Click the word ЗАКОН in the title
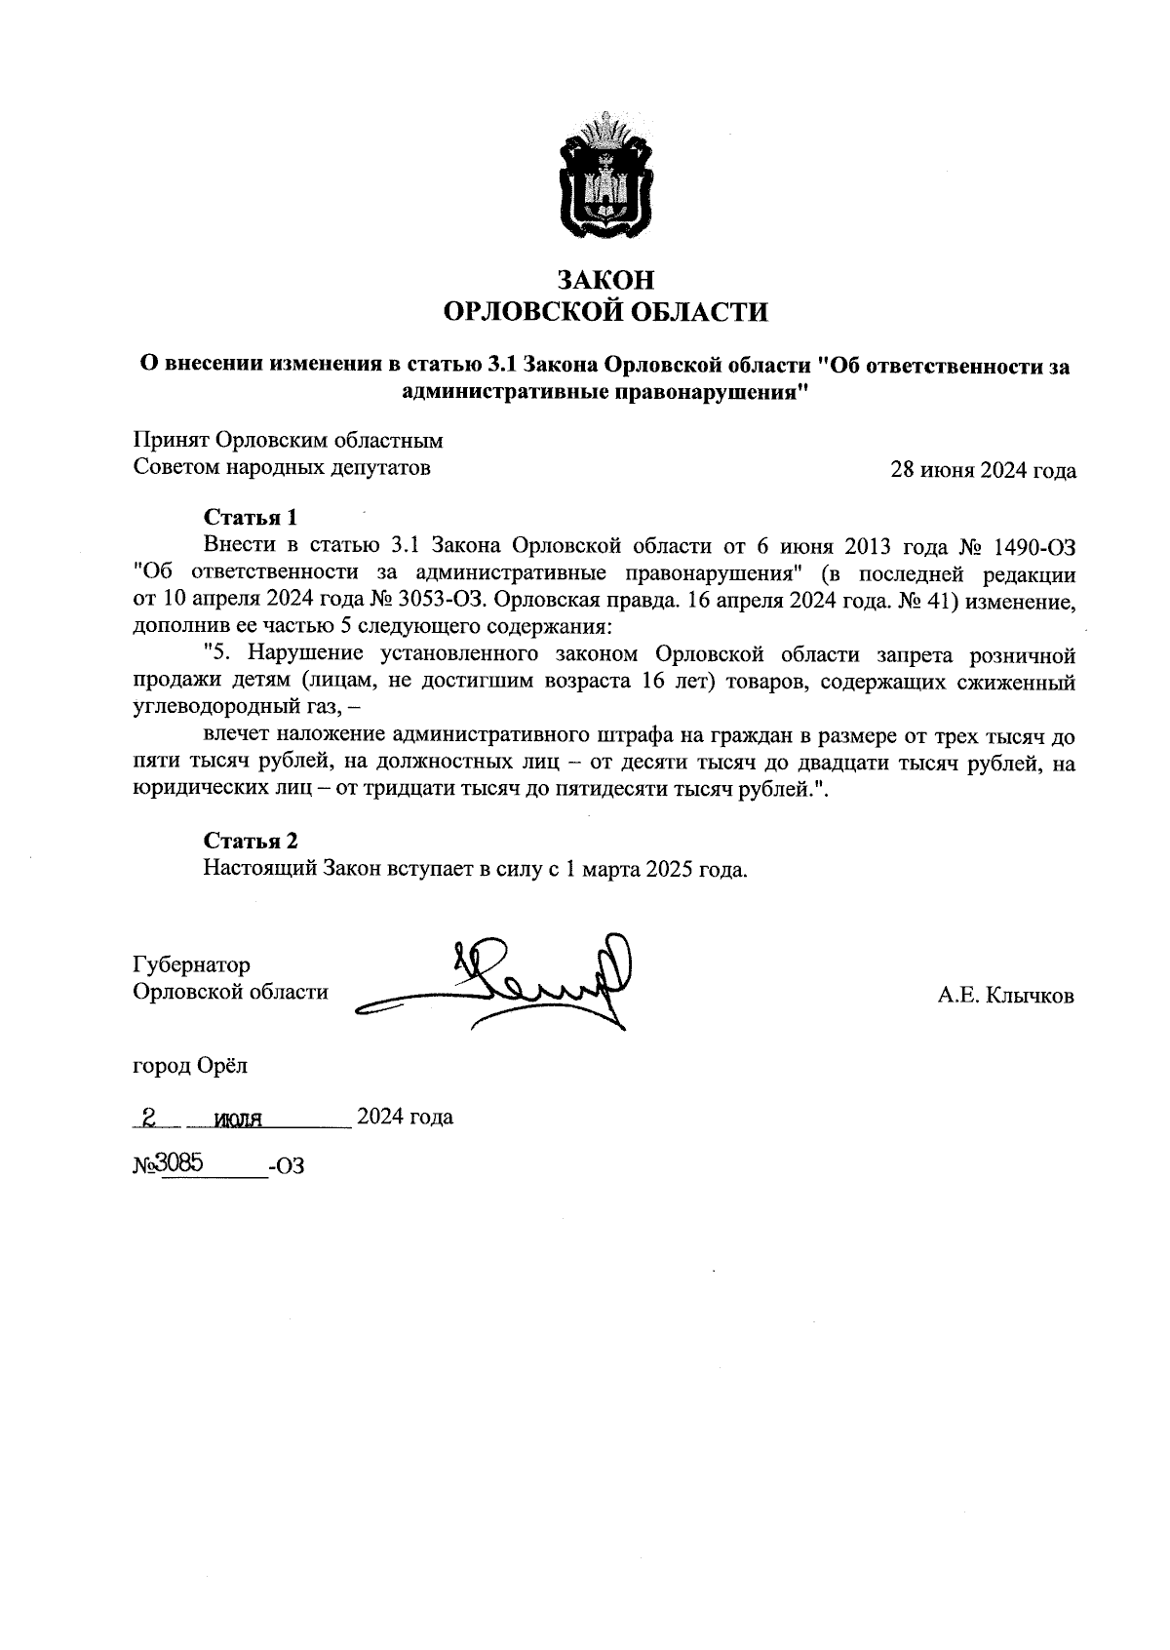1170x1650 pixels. (605, 280)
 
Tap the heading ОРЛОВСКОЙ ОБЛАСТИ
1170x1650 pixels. (605, 312)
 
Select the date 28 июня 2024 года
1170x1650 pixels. (984, 471)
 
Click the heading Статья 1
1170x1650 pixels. (251, 516)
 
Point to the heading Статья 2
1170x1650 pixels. (251, 841)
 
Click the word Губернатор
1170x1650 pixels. (191, 964)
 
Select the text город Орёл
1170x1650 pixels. (190, 1065)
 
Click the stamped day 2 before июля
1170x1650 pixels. (149, 1118)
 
